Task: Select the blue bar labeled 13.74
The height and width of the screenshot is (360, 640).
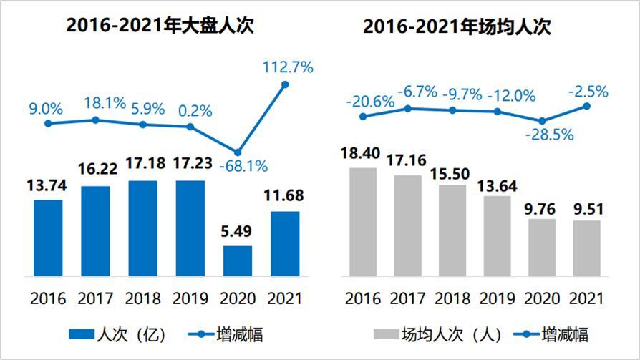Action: pyautogui.click(x=48, y=238)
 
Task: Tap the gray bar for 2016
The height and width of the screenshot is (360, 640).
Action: pyautogui.click(x=362, y=222)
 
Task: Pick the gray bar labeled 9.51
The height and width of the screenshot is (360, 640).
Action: pyautogui.click(x=586, y=248)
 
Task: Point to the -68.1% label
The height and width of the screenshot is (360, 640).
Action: pyautogui.click(x=243, y=167)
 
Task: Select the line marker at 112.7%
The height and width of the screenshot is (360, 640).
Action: pyautogui.click(x=285, y=84)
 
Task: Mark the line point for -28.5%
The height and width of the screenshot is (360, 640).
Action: pyautogui.click(x=542, y=121)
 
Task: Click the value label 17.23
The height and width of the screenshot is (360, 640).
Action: pyautogui.click(x=190, y=165)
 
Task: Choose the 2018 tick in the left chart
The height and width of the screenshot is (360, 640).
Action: pyautogui.click(x=142, y=298)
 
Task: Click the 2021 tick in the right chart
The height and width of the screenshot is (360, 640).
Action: pyautogui.click(x=586, y=298)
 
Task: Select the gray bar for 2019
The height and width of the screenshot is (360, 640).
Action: pyautogui.click(x=497, y=235)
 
